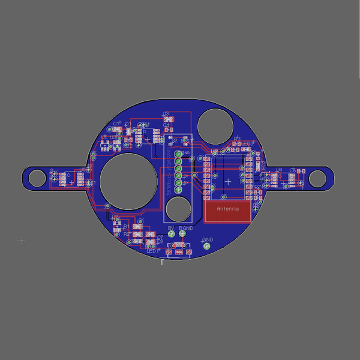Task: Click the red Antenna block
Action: point(227,211)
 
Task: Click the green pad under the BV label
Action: point(172,235)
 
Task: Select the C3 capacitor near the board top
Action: point(166,118)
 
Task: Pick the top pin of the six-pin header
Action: point(178,154)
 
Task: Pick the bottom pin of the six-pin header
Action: point(178,183)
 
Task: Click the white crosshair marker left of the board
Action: point(22,241)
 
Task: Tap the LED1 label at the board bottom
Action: point(153,251)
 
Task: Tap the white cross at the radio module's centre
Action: point(227,181)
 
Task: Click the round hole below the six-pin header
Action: point(178,208)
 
